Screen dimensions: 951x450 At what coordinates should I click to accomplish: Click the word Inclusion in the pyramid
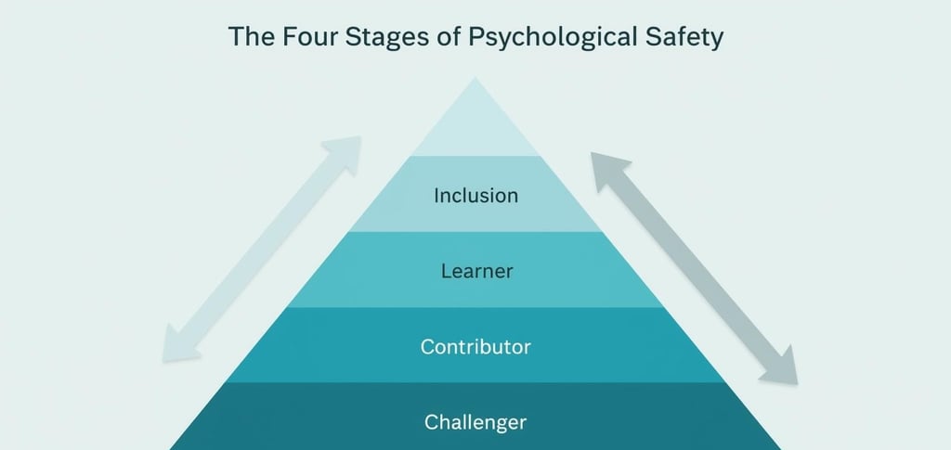tap(475, 196)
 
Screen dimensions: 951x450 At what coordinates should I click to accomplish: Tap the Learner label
tap(475, 271)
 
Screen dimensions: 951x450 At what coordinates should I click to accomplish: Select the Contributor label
tap(475, 347)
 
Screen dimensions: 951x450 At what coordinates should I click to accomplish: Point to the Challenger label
tap(475, 422)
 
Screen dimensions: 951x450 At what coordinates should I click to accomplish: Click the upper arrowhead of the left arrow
tap(345, 151)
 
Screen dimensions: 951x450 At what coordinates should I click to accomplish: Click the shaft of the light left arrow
tap(262, 249)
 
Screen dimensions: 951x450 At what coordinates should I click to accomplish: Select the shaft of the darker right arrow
tap(693, 267)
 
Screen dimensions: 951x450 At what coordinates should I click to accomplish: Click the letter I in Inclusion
tap(436, 196)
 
